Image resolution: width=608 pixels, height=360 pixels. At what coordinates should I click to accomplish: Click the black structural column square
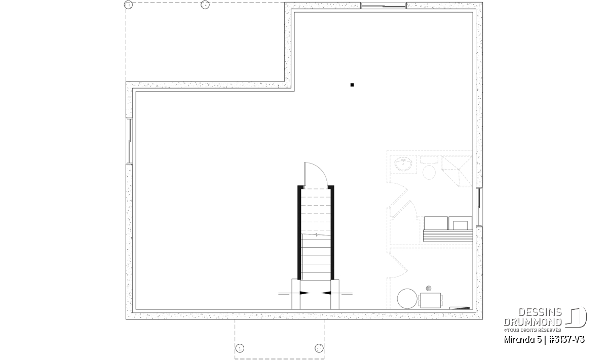point(352,85)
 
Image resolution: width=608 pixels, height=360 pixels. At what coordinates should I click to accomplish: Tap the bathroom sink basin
point(403,165)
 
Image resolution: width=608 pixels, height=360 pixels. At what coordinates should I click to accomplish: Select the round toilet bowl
point(429,172)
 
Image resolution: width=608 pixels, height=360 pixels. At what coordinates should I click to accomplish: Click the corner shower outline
point(457,171)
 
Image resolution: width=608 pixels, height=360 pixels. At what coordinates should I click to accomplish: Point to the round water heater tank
point(407,298)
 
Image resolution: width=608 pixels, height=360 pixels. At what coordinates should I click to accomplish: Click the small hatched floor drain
point(429,288)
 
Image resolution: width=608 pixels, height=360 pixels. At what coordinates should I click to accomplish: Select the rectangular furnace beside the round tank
point(430,300)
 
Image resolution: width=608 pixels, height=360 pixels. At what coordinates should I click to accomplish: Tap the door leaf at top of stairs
point(305,174)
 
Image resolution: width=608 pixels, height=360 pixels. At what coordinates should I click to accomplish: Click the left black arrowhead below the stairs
point(305,293)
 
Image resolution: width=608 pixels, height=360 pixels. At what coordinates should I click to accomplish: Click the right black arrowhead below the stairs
point(326,293)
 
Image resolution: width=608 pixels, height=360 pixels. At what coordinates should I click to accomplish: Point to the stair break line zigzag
point(316,235)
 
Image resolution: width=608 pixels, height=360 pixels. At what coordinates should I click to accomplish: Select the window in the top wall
point(384,6)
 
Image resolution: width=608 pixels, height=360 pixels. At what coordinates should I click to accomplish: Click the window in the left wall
point(129,141)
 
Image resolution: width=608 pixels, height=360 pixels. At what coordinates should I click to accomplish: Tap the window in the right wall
point(479,207)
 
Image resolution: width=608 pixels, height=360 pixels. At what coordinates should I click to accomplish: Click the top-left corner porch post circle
point(128,5)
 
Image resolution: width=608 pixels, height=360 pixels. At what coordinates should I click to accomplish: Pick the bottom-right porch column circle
point(319,348)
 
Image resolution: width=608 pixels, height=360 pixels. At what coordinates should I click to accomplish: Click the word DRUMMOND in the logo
point(533,322)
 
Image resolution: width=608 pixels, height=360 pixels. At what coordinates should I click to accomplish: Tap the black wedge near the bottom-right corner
point(460,308)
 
